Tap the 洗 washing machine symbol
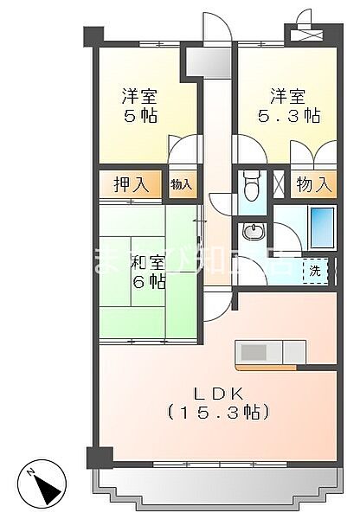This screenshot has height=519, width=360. pos(316,270)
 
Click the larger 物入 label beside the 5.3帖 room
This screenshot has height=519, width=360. pos(313,184)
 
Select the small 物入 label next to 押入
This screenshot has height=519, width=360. pos(181,184)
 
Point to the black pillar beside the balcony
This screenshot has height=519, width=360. pos(98,457)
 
